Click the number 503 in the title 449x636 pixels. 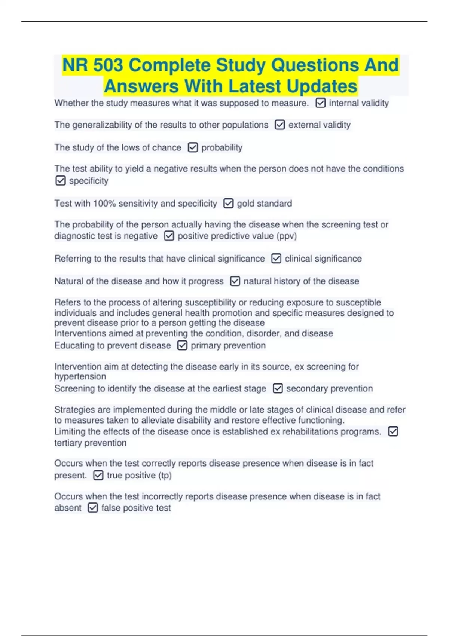coord(108,65)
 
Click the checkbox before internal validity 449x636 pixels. coord(320,103)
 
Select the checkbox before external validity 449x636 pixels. coord(280,125)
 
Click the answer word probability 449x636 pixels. coord(222,147)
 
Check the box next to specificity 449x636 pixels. coord(60,181)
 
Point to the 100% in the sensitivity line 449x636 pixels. coord(106,203)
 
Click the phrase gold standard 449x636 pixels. coord(264,203)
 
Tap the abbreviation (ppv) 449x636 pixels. coord(286,236)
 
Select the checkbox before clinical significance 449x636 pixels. coord(276,259)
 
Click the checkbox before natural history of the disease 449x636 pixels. coord(235,281)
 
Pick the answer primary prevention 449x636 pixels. coord(228,345)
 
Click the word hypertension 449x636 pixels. coord(80,376)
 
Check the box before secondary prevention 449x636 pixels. coord(278,388)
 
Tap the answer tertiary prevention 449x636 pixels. coord(91,443)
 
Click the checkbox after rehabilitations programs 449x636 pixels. coord(393,431)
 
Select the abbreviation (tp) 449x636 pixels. coord(165,475)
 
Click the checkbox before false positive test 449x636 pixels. coord(92,508)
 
